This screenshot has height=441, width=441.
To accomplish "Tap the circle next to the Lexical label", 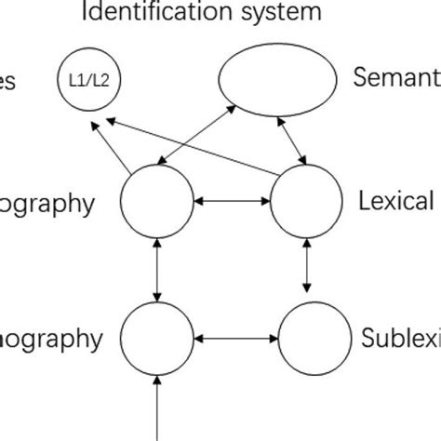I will (x=306, y=201).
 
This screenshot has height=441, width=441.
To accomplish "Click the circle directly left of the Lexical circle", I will (x=157, y=201).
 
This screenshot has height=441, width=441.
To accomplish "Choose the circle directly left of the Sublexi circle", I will (x=157, y=337).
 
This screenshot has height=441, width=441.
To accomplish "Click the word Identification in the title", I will (x=166, y=13).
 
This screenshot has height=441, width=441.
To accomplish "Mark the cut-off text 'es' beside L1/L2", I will (x=7, y=82).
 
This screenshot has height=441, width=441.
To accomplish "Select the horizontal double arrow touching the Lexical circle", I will (x=232, y=201).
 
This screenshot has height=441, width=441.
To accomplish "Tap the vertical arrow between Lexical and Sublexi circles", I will (x=308, y=268).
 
